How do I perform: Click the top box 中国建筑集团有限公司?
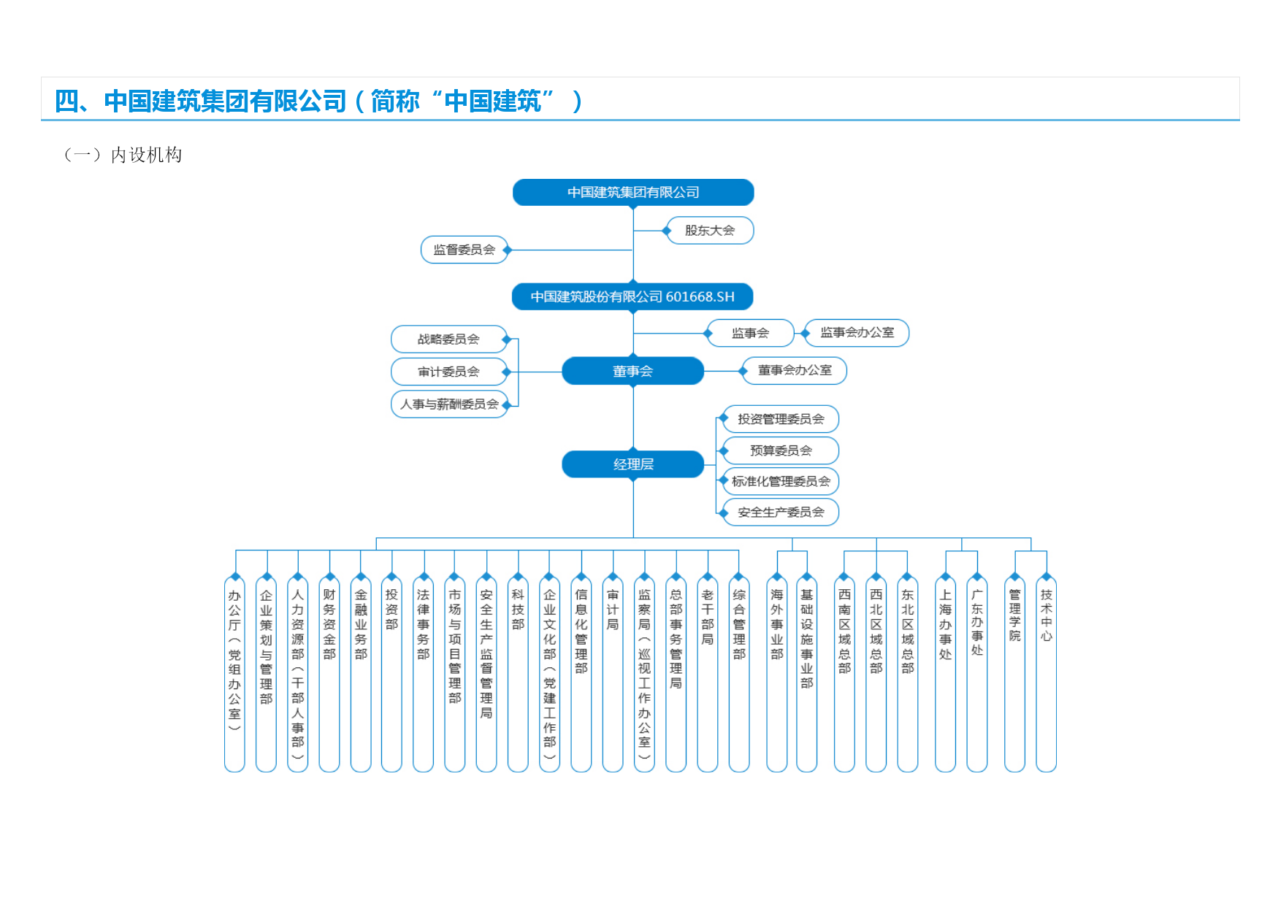tap(633, 193)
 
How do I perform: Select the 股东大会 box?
tap(710, 231)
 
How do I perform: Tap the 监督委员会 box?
tap(464, 250)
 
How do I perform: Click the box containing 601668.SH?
tap(633, 297)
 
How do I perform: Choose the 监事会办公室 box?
tap(857, 333)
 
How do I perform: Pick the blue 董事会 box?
tap(633, 371)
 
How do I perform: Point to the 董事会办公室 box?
tap(795, 371)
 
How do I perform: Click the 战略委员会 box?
tap(449, 339)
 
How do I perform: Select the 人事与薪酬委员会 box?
tap(449, 404)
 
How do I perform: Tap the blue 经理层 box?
tap(633, 464)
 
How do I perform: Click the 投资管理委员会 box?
tap(780, 419)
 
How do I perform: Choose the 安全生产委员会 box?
tap(780, 512)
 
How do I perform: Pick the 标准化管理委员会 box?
tap(780, 482)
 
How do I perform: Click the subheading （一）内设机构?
tap(123, 155)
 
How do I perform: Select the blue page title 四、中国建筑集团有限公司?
tap(201, 101)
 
